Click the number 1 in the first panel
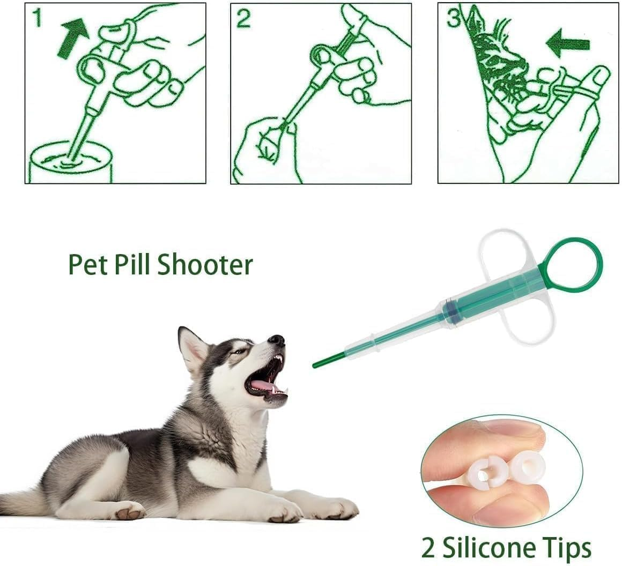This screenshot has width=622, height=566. [x=36, y=18]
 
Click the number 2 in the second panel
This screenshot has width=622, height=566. [x=243, y=18]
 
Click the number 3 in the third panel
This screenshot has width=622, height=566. [x=454, y=18]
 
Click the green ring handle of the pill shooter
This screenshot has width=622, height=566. [x=571, y=266]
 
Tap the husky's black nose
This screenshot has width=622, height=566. [x=277, y=340]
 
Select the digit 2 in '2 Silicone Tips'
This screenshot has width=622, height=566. [x=427, y=548]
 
